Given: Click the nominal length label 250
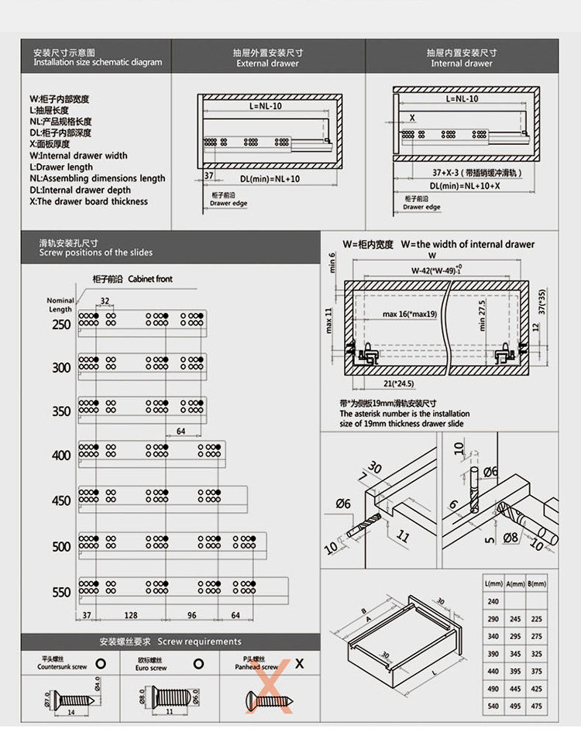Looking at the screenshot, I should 61,324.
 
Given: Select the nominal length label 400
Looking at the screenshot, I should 61,456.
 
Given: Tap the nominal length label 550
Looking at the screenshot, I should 61,593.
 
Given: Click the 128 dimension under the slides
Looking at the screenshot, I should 129,616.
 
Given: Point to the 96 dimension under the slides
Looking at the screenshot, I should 191,616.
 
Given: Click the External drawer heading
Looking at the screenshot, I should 267,64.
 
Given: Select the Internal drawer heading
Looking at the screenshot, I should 462,64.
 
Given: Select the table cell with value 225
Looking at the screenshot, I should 537,619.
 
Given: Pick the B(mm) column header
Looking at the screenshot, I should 537,583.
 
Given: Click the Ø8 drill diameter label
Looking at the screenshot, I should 511,538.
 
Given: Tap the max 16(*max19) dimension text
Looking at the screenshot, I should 410,315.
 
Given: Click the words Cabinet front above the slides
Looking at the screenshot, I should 150,279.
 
